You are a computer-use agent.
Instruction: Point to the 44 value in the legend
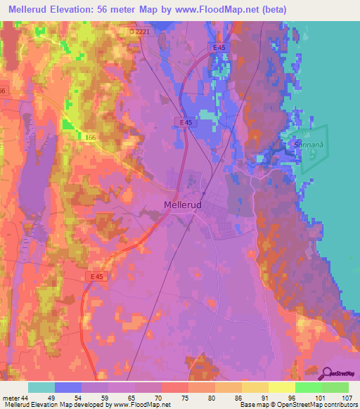point(25,398)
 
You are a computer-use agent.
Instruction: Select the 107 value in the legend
point(346,398)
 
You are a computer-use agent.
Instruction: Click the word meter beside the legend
point(11,398)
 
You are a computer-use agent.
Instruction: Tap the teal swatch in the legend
point(41,387)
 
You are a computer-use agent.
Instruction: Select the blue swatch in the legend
point(67,387)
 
